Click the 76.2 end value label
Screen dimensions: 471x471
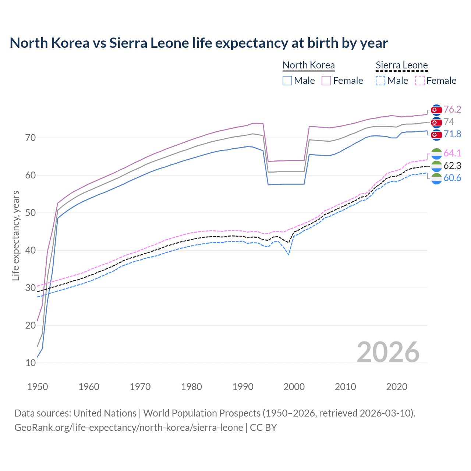(452, 110)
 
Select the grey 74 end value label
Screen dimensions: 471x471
(449, 122)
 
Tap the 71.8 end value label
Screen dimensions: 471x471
(452, 134)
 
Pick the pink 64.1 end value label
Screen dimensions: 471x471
(452, 153)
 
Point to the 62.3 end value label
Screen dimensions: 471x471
(452, 166)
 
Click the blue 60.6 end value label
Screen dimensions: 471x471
(452, 178)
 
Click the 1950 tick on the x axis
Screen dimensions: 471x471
(38, 387)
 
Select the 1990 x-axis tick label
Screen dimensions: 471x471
(243, 387)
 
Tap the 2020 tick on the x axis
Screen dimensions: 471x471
(397, 387)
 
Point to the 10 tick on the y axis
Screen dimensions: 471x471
(31, 363)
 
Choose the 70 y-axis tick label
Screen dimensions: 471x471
(31, 138)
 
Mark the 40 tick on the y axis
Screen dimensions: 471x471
(31, 251)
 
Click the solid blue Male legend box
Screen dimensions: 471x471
(287, 81)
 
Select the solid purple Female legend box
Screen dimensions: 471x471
(326, 81)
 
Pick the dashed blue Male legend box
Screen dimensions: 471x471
(380, 81)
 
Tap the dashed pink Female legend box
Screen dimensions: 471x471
(419, 81)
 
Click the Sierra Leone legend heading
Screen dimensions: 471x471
(401, 65)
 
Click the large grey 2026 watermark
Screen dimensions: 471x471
(388, 353)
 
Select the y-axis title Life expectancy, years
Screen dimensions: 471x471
(16, 235)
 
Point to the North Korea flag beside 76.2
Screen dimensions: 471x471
(436, 110)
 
